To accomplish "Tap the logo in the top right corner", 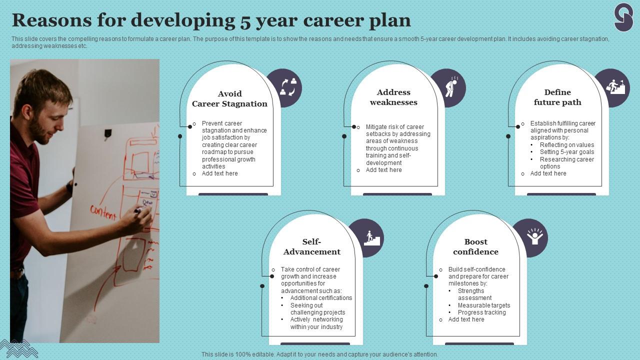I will coord(623,17).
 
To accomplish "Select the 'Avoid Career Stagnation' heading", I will coord(229,99).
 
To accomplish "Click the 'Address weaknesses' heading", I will coord(393,97).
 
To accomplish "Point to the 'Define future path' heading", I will coord(557,97).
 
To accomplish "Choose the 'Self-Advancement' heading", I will coord(311,247).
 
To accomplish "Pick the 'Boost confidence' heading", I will coord(475,247).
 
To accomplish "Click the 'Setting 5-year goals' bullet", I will coord(567,152).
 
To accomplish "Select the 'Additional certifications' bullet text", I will coord(321,298).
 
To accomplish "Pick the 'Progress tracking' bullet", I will coord(481,312).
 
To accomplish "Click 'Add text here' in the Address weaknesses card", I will coord(383,170).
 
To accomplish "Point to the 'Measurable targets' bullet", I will coord(483,305).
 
